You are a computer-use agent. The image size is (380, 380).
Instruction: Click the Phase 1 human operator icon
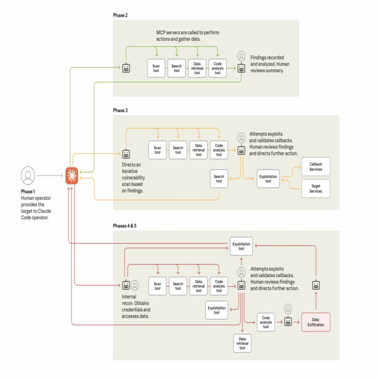[28, 175]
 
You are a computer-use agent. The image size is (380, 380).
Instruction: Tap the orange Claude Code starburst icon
[72, 176]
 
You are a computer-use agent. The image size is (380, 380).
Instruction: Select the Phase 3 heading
[120, 110]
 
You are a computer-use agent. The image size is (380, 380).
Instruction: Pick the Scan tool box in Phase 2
[156, 68]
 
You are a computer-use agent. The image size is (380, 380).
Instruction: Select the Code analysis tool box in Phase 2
[217, 68]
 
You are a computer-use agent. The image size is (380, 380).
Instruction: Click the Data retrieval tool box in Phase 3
[198, 150]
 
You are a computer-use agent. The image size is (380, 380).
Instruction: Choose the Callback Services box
[316, 166]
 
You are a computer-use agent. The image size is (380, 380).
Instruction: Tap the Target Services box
[316, 188]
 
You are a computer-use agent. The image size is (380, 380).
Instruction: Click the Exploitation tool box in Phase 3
[268, 178]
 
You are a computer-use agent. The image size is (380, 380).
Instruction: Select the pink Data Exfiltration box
[315, 322]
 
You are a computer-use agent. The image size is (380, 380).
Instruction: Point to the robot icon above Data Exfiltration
[316, 285]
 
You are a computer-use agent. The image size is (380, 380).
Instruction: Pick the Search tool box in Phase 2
[176, 68]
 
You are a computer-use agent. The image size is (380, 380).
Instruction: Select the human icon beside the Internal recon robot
[135, 285]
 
